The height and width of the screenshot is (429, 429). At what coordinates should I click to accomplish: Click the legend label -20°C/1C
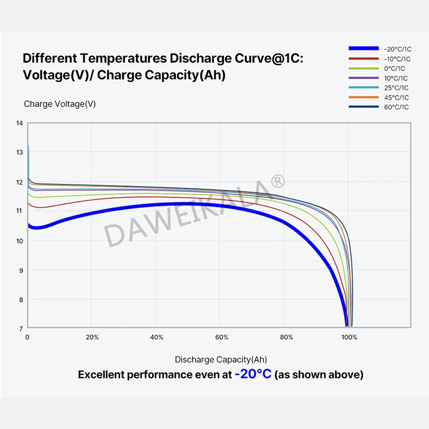pyautogui.click(x=397, y=49)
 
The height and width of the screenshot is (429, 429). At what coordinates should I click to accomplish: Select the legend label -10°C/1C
pyautogui.click(x=397, y=58)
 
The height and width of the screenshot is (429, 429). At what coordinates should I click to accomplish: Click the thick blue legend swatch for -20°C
pyautogui.click(x=363, y=49)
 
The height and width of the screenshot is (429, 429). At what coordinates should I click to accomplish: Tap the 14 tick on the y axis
pyautogui.click(x=20, y=123)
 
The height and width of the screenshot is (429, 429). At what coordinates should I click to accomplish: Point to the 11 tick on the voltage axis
pyautogui.click(x=20, y=211)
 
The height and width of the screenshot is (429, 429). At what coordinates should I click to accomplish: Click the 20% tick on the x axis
pyautogui.click(x=92, y=337)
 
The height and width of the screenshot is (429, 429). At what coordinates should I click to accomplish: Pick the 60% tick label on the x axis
pyautogui.click(x=221, y=337)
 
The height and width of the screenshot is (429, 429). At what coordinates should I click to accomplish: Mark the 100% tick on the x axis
pyautogui.click(x=350, y=337)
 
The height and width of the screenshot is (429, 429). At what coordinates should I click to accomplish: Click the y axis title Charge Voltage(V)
pyautogui.click(x=60, y=104)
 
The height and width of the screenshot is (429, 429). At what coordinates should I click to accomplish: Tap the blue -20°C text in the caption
pyautogui.click(x=253, y=374)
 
